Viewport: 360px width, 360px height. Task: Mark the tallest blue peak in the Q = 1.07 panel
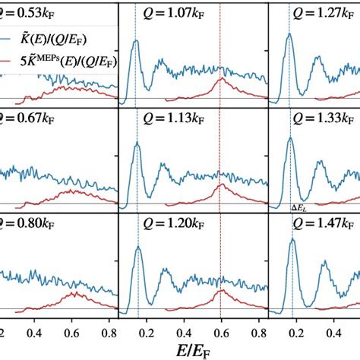(x=136, y=41)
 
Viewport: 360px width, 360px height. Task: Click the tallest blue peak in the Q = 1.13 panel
(x=137, y=146)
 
